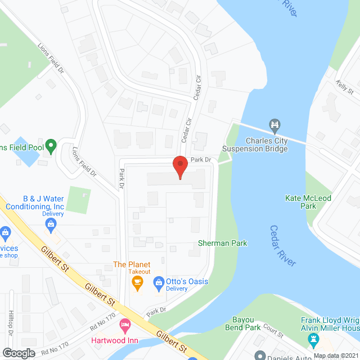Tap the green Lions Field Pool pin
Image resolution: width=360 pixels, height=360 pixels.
click(x=51, y=146)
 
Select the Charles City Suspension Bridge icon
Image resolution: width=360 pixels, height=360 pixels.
click(x=274, y=124)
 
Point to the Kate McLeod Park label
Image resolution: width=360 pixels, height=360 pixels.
click(x=308, y=202)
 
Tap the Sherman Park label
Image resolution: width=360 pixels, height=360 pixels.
click(x=223, y=244)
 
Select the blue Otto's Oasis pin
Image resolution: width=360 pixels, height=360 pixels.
click(x=159, y=286)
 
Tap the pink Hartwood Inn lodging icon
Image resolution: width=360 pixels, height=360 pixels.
click(x=125, y=325)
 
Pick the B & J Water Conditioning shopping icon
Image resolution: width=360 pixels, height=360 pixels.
click(x=51, y=225)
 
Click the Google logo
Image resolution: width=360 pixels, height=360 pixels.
click(x=18, y=353)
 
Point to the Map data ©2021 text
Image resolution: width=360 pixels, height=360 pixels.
click(x=336, y=355)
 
